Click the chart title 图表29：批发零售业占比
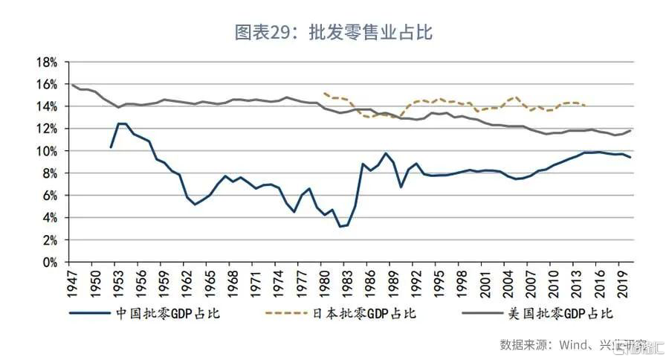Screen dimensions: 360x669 coord(334,33)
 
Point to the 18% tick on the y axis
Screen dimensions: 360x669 coord(47,62)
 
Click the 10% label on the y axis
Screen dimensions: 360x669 coord(47,151)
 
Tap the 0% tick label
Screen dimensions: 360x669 coord(50,263)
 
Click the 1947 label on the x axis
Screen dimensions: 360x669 coord(71,283)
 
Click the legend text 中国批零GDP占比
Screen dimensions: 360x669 coord(168,313)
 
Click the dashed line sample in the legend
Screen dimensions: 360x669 coord(286,313)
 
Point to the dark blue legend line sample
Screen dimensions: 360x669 coord(89,313)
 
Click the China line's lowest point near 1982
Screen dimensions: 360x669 coord(340,226)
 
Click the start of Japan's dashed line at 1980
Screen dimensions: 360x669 coord(324,93)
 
